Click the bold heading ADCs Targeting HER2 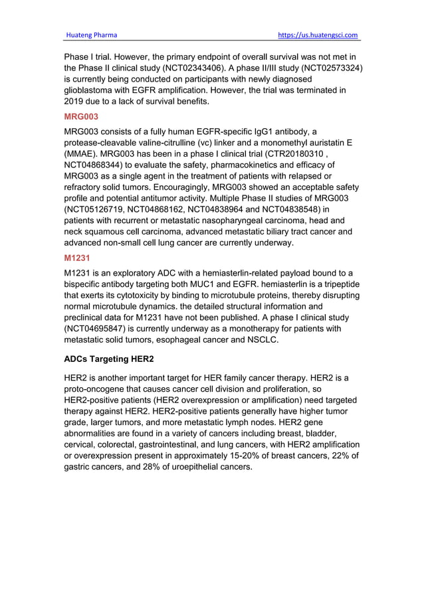[109, 359]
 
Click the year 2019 [76, 102]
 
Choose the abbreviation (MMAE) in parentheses [84, 153]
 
